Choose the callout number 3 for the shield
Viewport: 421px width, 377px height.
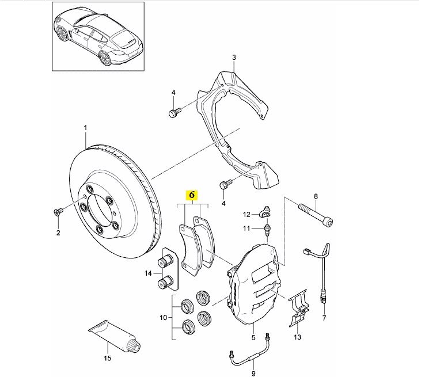[234, 57]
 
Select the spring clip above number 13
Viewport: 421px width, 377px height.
[299, 308]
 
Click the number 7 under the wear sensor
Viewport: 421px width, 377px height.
[324, 318]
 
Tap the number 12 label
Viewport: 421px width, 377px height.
[246, 215]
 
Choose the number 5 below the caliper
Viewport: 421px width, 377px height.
[253, 338]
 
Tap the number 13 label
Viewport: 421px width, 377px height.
[298, 337]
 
